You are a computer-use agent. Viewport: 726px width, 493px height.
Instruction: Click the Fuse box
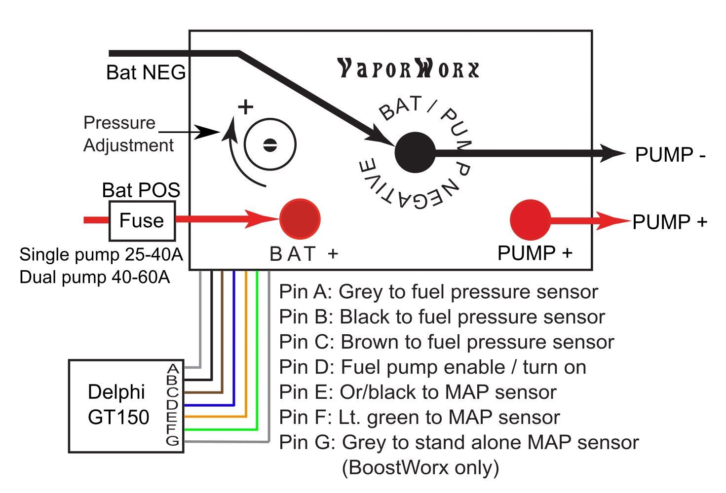pos(142,220)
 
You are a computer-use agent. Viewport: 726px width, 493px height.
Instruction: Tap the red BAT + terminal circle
pos(300,219)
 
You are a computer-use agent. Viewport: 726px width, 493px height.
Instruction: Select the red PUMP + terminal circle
pos(530,220)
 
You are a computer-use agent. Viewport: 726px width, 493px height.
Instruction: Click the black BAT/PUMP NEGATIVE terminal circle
pos(415,152)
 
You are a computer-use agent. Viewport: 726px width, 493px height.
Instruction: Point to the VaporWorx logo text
pos(408,69)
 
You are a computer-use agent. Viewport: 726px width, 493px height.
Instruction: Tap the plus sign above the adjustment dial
pos(245,107)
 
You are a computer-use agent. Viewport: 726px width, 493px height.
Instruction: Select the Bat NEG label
pos(146,72)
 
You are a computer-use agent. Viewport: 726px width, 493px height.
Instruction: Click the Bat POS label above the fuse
pos(141,190)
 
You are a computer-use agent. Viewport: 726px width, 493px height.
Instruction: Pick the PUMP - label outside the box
pos(670,155)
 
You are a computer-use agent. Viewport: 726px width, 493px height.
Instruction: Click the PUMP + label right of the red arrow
pos(669,222)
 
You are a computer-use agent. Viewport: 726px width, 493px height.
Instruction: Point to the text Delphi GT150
pos(118,404)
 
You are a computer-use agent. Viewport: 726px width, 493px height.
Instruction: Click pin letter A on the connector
pos(172,368)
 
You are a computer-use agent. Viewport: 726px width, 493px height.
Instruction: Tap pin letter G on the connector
pos(172,440)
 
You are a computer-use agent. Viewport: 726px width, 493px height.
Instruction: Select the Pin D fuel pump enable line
pos(432,367)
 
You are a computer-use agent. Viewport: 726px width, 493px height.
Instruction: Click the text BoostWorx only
pos(420,467)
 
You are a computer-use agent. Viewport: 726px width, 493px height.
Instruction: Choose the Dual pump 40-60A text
pos(94,277)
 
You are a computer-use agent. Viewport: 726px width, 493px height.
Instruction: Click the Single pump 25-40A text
pos(101,254)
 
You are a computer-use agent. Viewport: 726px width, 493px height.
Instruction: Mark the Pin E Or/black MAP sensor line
pos(418,392)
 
